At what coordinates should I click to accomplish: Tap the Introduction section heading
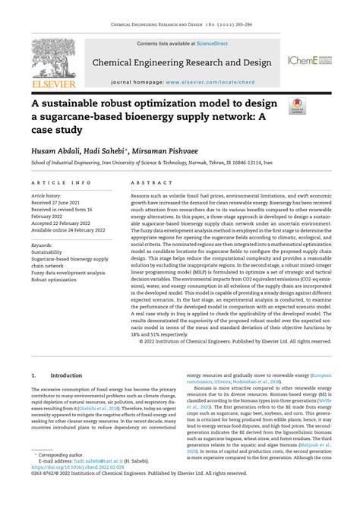[x=66, y=375]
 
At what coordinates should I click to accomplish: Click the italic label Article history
[x=47, y=195]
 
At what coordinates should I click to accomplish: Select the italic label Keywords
[x=43, y=245]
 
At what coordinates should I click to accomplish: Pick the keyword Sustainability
[x=48, y=252]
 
